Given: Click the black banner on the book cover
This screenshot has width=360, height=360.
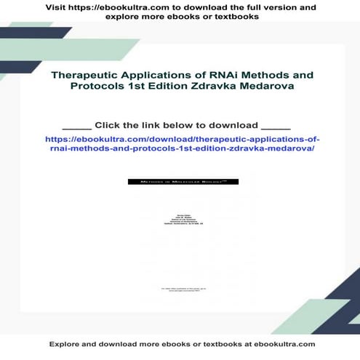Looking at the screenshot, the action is coord(180,181).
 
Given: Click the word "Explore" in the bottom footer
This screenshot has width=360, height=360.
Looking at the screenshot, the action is coord(65,343).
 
